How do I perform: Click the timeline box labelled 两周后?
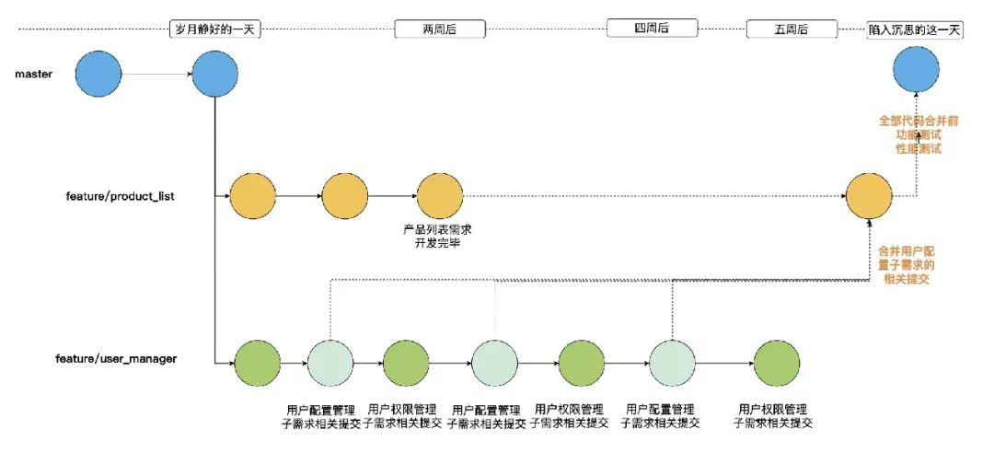pos(440,29)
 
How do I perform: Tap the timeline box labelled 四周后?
pos(653,29)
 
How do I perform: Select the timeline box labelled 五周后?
pos(792,29)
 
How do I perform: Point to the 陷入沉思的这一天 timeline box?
pos(915,29)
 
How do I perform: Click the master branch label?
pos(33,74)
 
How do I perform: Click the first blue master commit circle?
pos(98,74)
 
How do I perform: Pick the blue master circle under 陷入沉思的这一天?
pos(916,74)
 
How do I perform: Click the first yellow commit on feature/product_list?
pos(252,196)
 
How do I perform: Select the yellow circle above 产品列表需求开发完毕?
pos(439,196)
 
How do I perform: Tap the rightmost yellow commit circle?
pos(869,196)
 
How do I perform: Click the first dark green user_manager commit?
pos(257,363)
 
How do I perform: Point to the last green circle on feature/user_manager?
pos(776,363)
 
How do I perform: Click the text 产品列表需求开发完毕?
pos(438,236)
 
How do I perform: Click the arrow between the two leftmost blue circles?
pos(156,74)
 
